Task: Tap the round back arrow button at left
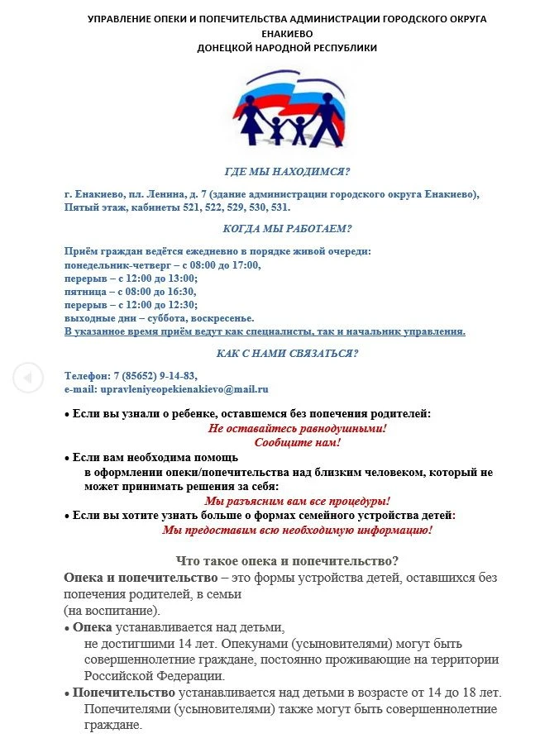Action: point(27,378)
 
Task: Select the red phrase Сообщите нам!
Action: point(297,442)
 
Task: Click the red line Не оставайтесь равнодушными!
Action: point(297,429)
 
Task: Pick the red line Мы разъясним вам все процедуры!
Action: point(297,501)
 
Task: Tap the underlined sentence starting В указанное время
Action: point(265,331)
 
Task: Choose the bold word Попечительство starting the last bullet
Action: point(123,692)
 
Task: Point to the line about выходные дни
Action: point(159,318)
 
